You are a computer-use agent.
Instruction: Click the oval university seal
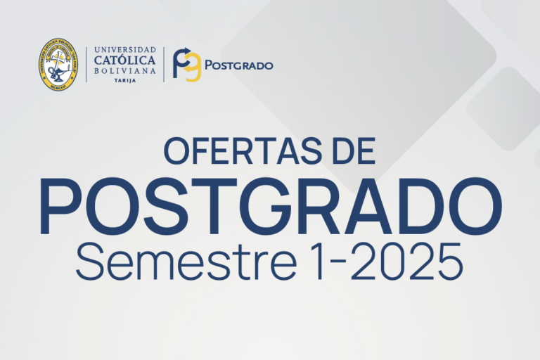[58, 65]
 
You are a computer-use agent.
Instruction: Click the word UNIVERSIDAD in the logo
[124, 50]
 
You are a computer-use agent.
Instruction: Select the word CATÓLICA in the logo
[124, 60]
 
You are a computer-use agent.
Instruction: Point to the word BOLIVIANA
[124, 71]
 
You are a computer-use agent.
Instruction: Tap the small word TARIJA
[124, 81]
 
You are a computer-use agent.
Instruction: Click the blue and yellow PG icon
[187, 65]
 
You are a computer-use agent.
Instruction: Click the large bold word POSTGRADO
[271, 207]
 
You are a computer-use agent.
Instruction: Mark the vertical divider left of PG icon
[165, 65]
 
